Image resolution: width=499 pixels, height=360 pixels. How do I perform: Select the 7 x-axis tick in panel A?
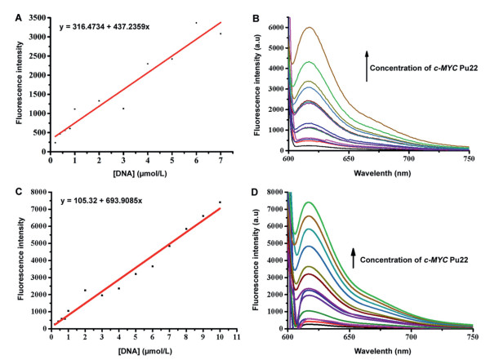click(x=221, y=158)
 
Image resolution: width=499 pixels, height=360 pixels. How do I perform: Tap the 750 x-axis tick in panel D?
click(x=473, y=336)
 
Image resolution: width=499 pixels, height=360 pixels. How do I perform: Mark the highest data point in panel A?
click(x=196, y=23)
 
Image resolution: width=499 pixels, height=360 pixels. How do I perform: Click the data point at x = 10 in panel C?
click(x=220, y=202)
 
